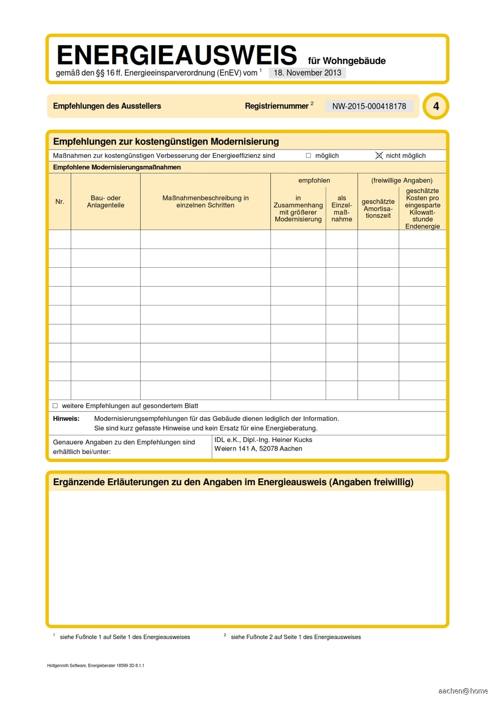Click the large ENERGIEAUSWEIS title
(177, 55)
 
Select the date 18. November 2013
(307, 73)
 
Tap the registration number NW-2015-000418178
(369, 106)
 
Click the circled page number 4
(436, 106)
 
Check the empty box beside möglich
(308, 155)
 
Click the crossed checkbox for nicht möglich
(379, 155)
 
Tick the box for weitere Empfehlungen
(55, 405)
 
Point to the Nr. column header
(60, 201)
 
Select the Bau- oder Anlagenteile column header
(105, 201)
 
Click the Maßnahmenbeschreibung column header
(205, 201)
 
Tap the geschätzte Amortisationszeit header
(378, 208)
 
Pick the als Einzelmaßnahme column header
(342, 208)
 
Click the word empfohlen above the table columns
(314, 180)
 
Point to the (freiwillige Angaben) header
(401, 180)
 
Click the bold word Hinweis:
(66, 418)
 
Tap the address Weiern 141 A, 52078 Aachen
(258, 449)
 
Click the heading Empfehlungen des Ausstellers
(107, 106)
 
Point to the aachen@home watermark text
(463, 691)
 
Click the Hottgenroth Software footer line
(96, 665)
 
